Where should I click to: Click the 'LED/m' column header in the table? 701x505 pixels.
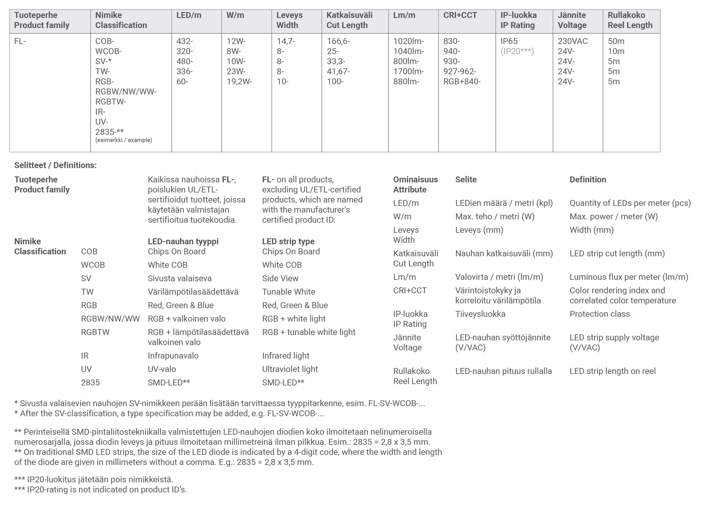[188, 15]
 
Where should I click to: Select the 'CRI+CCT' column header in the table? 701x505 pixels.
[460, 15]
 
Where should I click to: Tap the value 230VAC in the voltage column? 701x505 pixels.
[572, 41]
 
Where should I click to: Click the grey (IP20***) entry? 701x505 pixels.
[517, 51]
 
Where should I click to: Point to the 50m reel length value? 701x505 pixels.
[616, 41]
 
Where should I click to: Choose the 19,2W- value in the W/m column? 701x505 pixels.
[239, 82]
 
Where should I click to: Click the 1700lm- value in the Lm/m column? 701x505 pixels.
[408, 72]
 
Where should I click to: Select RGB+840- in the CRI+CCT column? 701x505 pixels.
[462, 82]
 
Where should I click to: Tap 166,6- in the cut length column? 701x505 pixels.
[338, 41]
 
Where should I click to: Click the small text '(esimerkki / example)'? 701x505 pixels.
[123, 140]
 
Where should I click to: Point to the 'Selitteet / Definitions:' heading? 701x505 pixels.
[55, 165]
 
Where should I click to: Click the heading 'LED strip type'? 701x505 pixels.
[288, 242]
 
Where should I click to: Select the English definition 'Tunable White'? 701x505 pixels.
[288, 292]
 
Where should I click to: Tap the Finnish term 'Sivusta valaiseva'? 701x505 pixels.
[180, 278]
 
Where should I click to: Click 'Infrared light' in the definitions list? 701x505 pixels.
[286, 356]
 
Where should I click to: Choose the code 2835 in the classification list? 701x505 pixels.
[90, 383]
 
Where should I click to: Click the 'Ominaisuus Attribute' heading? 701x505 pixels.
[415, 185]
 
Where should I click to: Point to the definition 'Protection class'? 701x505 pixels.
[600, 314]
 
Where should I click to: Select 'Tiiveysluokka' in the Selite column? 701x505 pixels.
[480, 314]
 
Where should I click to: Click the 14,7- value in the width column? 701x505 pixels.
[286, 41]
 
